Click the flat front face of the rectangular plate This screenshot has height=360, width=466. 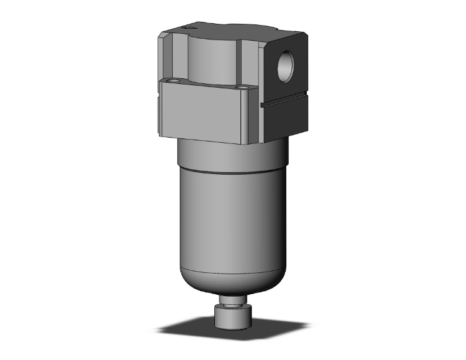coord(207,113)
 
